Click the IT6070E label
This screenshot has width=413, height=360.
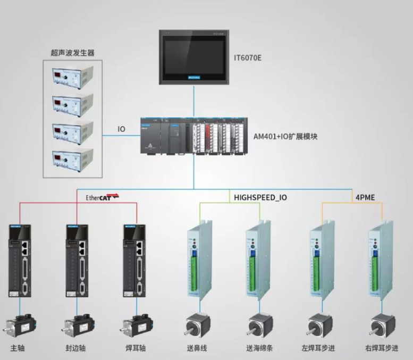coord(248,56)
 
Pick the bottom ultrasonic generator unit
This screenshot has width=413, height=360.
coord(72,158)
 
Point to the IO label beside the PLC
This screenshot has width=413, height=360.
coord(121,129)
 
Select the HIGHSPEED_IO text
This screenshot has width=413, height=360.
coord(260,197)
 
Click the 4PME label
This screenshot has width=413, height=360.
coord(365,197)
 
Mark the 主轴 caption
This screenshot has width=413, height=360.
coord(18,349)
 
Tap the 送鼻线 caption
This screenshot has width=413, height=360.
coord(198,349)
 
